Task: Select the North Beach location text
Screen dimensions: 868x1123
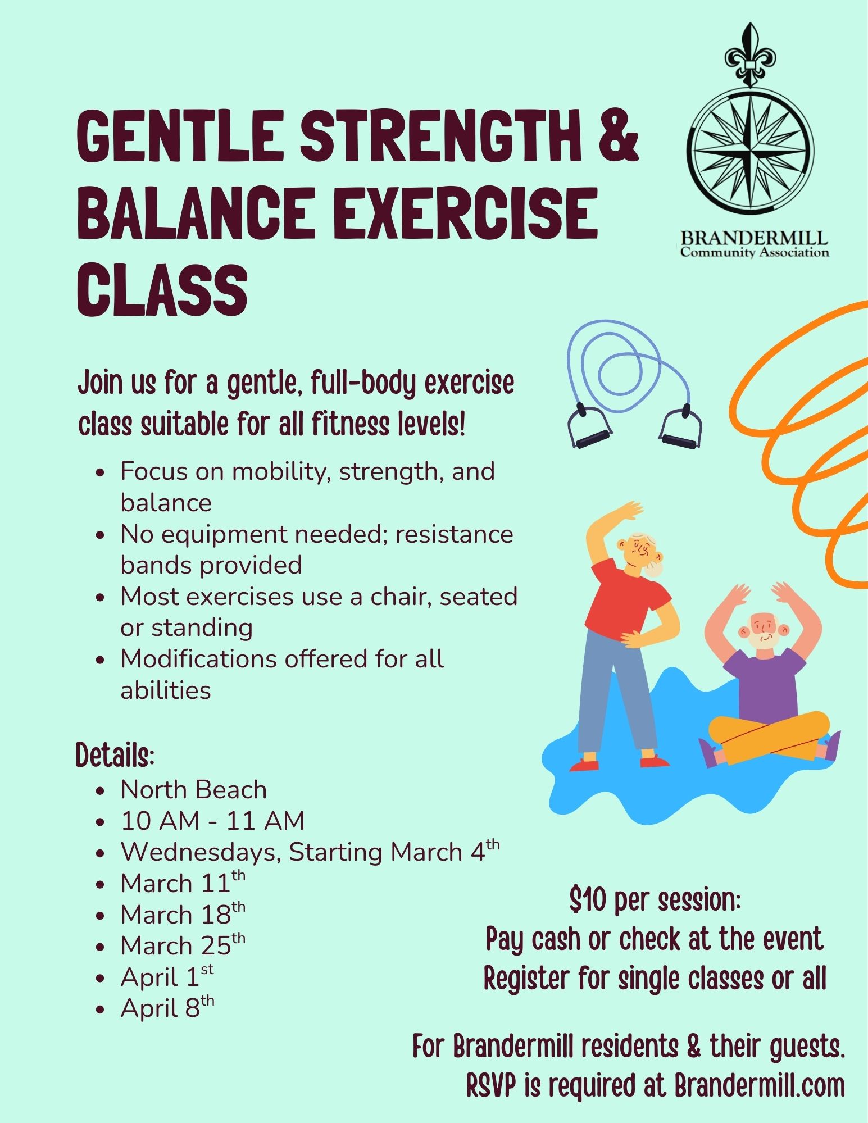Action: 194,790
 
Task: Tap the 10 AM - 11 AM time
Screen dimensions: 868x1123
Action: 212,821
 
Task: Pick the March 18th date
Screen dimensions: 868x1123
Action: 183,914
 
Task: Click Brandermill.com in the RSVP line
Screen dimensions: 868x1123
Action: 760,1086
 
